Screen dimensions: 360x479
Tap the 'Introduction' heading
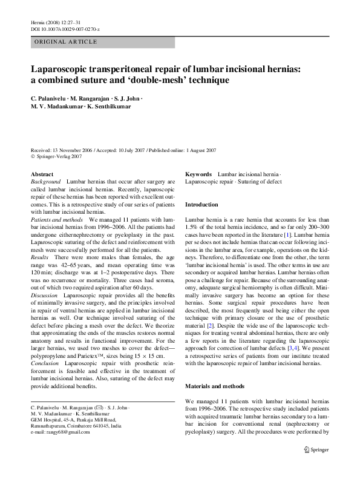click(201, 205)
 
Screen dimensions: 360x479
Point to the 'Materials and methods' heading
click(215, 386)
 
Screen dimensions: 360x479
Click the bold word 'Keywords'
click(198, 174)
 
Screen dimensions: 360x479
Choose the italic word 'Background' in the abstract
click(45, 182)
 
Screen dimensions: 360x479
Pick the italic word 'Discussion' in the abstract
click(44, 293)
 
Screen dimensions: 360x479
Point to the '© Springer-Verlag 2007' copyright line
click(57, 156)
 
